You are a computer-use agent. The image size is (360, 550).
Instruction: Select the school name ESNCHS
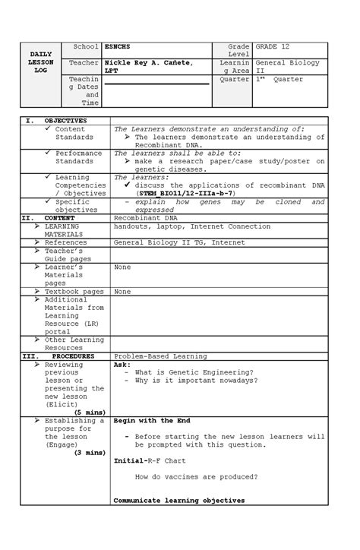[118, 47]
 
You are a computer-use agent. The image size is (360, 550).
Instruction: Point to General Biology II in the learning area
[287, 66]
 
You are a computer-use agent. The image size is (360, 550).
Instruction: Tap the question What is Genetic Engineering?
[194, 372]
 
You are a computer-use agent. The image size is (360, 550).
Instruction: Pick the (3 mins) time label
[89, 453]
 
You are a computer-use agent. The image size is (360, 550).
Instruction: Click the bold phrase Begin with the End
[152, 420]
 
